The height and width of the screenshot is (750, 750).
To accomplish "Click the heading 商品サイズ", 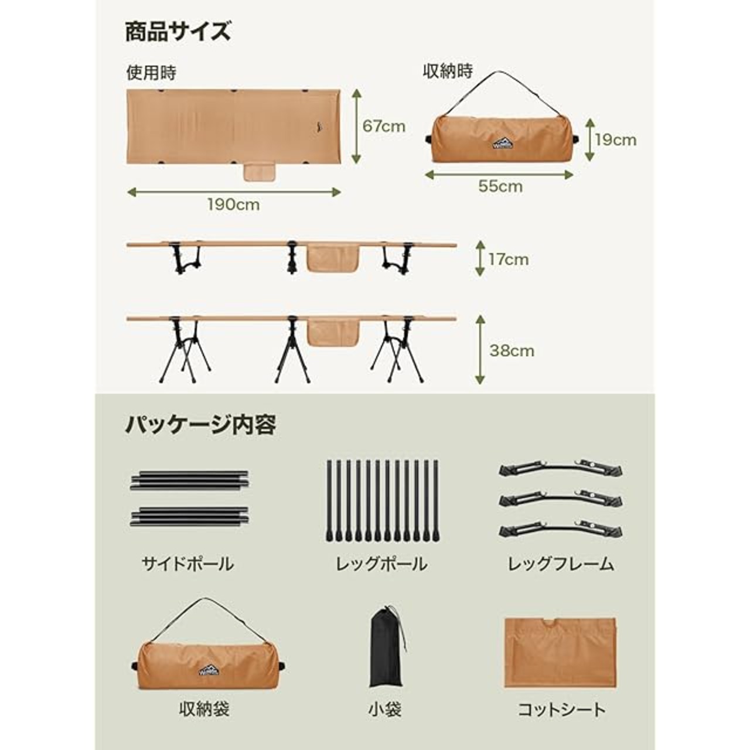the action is coord(178,32).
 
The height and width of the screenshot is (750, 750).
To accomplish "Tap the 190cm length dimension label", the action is coord(233,204).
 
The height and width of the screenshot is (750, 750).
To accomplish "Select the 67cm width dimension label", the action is coord(384,126).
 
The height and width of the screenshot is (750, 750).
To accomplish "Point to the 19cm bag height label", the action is coord(615,140).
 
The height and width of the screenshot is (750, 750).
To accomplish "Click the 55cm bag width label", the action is coord(500,186).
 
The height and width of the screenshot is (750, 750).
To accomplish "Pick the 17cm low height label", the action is coord(509,260).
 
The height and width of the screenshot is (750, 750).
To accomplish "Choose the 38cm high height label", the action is coord(512,351).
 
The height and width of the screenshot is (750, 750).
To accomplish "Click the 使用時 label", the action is coord(151,73).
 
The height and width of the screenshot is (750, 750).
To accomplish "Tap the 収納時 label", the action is coord(448,71).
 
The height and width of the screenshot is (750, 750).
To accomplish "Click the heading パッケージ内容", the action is coord(200,425).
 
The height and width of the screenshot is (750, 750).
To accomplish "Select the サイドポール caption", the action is coord(187,564).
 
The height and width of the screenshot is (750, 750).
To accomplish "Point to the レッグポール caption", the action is coord(381,564).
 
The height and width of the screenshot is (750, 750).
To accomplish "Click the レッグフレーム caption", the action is coord(561,564).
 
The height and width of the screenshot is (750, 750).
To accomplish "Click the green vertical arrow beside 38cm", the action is coord(480,349).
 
